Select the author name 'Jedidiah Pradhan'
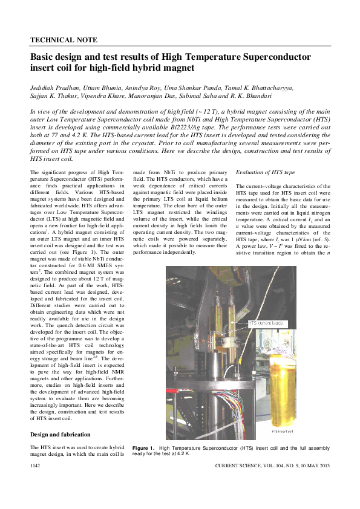click(54, 88)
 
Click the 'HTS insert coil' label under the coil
click(282, 431)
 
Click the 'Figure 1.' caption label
click(144, 447)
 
